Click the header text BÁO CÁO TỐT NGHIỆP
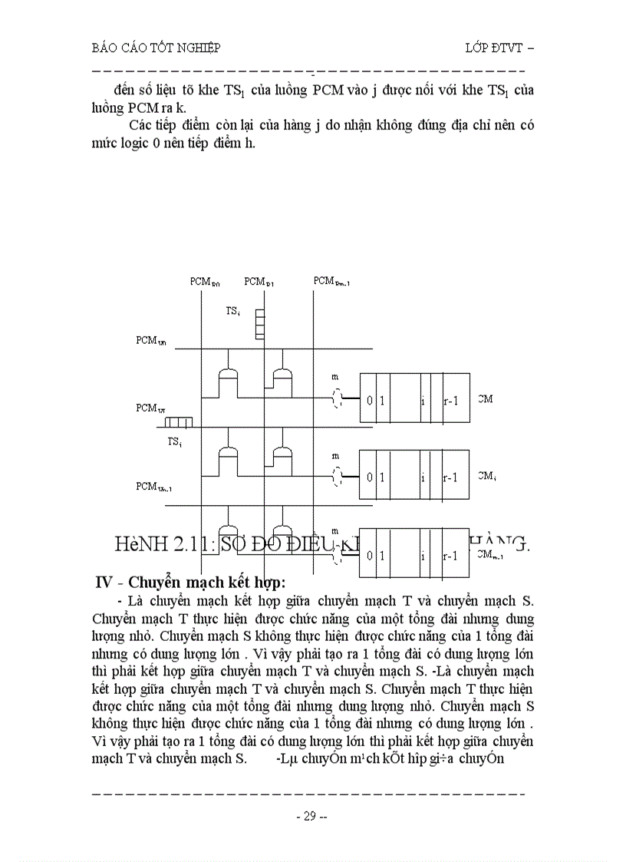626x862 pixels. [156, 48]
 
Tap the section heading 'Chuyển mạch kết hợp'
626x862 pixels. [199, 581]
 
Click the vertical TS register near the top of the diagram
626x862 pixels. [259, 323]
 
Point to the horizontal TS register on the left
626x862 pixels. [178, 422]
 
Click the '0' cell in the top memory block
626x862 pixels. [369, 400]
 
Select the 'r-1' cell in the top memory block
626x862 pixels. [451, 400]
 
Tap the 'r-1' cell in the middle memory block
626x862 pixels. [451, 477]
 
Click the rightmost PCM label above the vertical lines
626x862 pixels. [331, 282]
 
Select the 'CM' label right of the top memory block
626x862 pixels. [485, 398]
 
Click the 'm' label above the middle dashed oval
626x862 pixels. [334, 456]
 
